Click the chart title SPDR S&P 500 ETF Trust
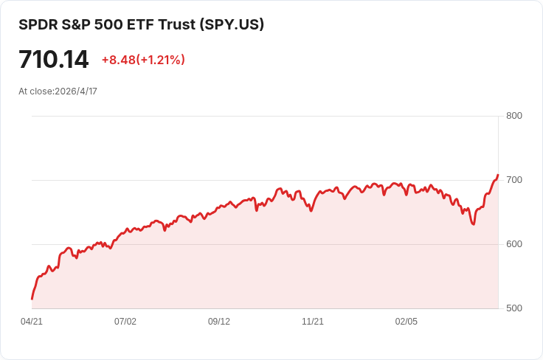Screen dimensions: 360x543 point(107,24)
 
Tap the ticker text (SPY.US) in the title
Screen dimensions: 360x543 point(230,24)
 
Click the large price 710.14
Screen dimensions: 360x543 point(53,60)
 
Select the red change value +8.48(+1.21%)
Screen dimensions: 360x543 point(143,60)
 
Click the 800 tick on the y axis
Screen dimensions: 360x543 point(514,116)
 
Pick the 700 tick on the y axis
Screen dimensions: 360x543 point(514,180)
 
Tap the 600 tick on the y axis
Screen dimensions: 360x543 point(514,244)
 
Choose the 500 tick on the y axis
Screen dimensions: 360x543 point(514,308)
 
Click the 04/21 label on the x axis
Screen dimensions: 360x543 point(32,322)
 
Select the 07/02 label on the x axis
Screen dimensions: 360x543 point(125,322)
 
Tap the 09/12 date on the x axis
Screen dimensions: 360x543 point(219,322)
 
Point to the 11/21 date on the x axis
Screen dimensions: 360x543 point(313,322)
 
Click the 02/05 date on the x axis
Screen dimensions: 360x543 point(407,322)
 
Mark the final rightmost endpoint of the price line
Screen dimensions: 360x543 point(498,175)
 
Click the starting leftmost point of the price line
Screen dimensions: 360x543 point(32,299)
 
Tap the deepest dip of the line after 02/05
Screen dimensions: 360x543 point(473,224)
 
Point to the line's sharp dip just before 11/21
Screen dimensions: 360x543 point(311,211)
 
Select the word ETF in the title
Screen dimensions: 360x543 point(139,24)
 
